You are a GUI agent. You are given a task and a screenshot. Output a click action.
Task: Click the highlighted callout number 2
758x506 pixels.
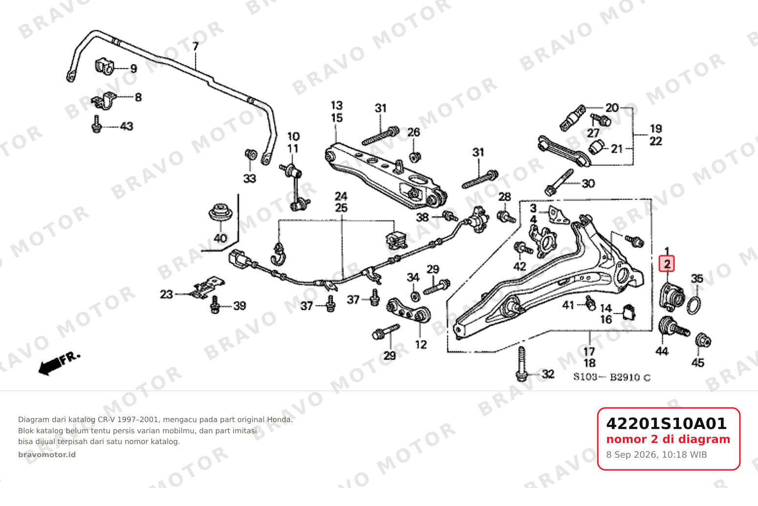coord(667,264)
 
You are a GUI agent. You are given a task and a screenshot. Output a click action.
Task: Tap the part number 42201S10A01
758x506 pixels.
coord(666,424)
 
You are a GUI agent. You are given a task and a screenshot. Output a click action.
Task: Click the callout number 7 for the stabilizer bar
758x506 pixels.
coord(195,46)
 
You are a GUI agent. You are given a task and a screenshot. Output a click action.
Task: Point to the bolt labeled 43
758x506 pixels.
coord(97,124)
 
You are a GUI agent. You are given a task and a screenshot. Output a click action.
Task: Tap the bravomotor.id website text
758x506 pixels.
coord(47,455)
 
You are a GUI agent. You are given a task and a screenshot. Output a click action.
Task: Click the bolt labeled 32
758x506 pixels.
coord(522,364)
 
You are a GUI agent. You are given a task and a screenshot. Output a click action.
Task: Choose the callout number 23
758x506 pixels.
coord(166,294)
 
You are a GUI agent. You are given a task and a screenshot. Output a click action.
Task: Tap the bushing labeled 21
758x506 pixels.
coord(597,146)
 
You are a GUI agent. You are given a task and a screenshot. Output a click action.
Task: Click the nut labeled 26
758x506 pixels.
coord(415,157)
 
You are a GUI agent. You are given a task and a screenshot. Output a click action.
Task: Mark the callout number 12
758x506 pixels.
coord(421,345)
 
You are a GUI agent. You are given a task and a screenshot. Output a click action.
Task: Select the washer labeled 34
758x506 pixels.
coord(415,297)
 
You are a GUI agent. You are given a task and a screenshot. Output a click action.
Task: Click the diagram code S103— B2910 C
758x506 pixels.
coord(612,377)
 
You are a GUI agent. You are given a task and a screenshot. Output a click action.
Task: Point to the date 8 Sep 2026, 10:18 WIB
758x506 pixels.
coord(656,455)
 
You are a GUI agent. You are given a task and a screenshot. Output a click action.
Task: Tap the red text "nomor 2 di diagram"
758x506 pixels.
coord(668,440)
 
